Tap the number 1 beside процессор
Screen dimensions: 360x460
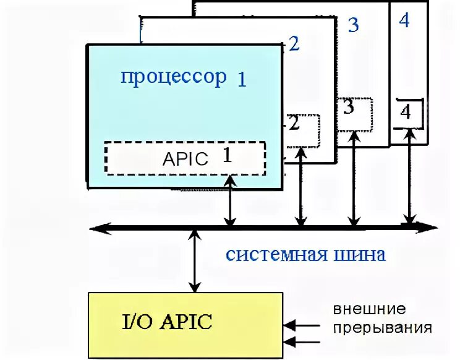point(241,80)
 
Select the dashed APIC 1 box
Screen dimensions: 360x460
point(184,158)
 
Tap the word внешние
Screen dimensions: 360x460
point(370,309)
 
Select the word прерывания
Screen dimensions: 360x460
point(382,327)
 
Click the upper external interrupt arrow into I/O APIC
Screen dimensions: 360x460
point(302,324)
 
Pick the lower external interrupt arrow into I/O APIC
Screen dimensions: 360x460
point(302,340)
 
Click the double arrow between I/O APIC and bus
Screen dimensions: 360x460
point(195,261)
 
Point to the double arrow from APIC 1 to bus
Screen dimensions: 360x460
point(230,200)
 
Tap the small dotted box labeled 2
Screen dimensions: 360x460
point(303,131)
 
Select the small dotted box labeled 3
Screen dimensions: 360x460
point(354,113)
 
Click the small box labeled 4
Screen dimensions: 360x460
point(408,113)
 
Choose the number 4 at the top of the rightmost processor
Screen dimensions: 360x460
point(404,20)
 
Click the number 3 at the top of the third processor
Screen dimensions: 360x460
point(353,25)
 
